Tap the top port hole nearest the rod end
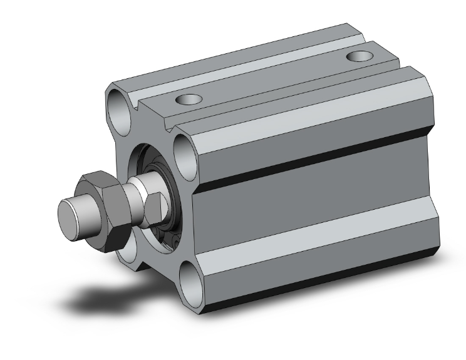187,98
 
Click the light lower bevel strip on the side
313,250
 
